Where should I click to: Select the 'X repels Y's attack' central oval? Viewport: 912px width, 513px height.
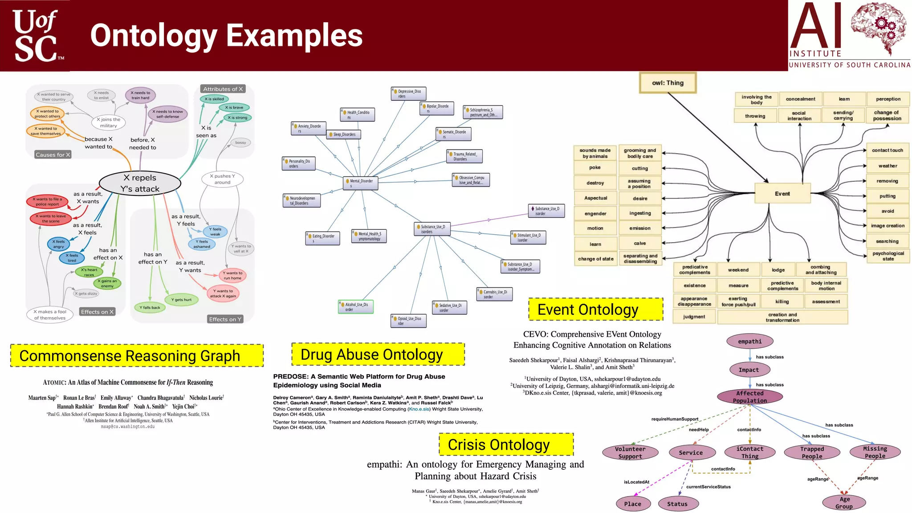tap(140, 183)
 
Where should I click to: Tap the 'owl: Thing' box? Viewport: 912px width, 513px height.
tap(668, 83)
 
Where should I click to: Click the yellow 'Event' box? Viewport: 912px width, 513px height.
tap(782, 194)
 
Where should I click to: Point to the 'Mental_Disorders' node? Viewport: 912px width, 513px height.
tap(361, 183)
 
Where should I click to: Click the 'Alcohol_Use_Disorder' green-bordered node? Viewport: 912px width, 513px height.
tap(355, 307)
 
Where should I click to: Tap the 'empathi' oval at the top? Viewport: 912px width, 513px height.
tap(749, 342)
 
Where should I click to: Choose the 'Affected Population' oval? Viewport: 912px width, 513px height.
tap(749, 396)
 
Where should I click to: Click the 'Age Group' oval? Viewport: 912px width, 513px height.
tap(844, 502)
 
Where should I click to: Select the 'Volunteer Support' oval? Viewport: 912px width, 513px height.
tap(630, 452)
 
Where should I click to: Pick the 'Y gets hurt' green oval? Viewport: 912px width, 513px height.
tap(181, 300)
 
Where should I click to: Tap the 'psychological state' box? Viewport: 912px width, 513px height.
tap(888, 256)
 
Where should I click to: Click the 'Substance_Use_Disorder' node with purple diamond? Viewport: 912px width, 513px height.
tap(546, 211)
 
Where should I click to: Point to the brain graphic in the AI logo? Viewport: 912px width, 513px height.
tap(879, 27)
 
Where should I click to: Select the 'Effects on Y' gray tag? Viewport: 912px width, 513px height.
tap(225, 319)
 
